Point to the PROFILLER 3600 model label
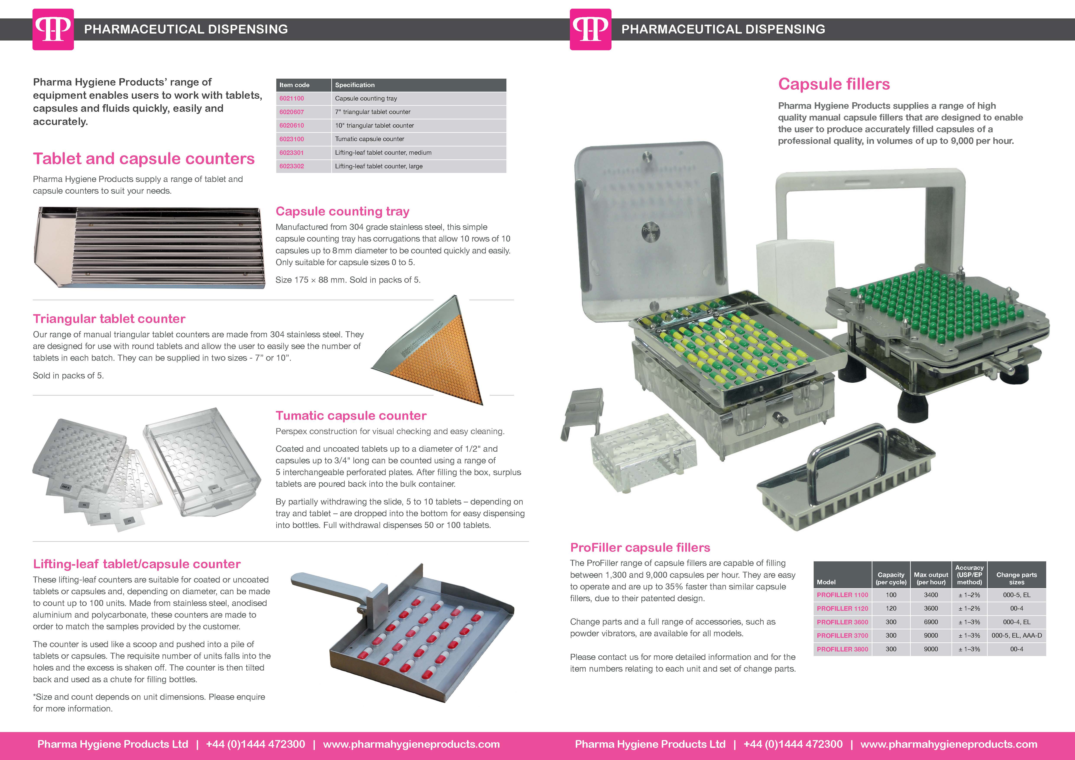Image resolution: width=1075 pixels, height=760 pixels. [x=842, y=622]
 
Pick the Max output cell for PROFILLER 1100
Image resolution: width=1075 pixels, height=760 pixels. [x=931, y=595]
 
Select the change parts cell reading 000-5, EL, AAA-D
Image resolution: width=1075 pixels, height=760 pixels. [x=1016, y=635]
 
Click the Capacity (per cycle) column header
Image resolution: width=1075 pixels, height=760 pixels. [x=891, y=578]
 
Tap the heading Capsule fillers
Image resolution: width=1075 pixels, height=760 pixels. [x=834, y=84]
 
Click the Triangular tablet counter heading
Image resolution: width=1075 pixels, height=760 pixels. [x=109, y=319]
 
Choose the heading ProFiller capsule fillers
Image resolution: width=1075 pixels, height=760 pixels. [x=640, y=547]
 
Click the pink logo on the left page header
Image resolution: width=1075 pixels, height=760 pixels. [x=53, y=29]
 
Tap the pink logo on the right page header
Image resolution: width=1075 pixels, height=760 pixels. [x=590, y=29]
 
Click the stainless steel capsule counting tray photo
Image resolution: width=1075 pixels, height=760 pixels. [x=149, y=247]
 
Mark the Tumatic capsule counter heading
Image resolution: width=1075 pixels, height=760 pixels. [x=351, y=416]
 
